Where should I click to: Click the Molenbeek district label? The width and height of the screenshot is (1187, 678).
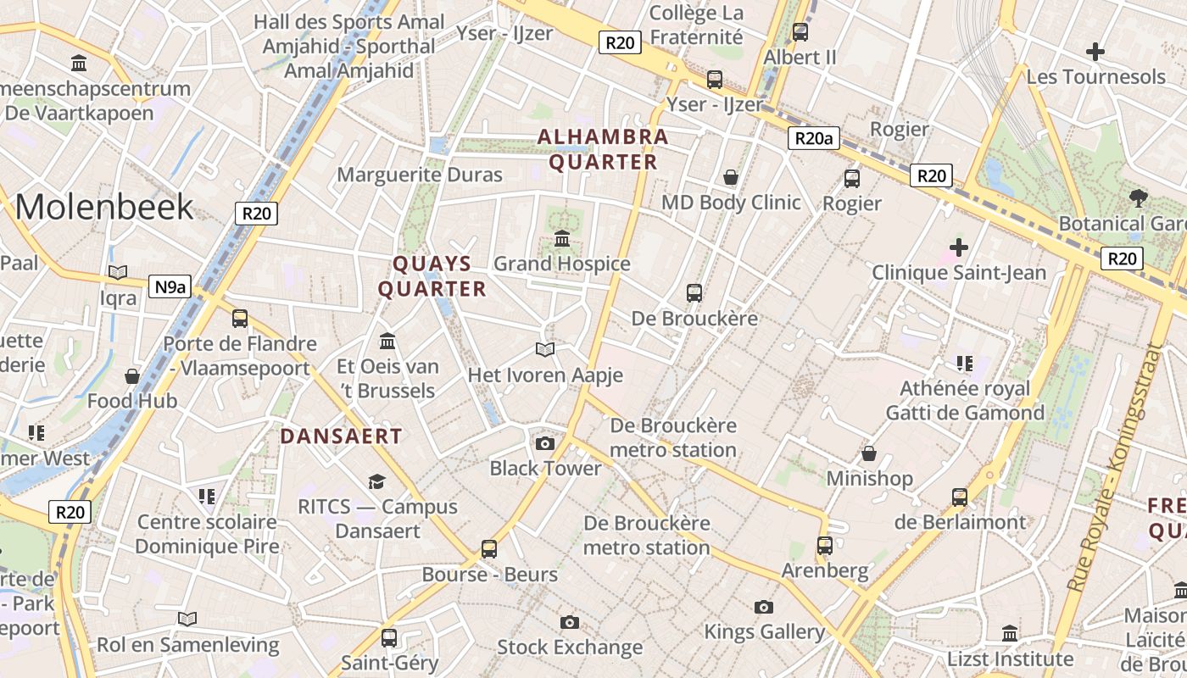[104, 207]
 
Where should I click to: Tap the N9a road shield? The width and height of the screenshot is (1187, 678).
[170, 287]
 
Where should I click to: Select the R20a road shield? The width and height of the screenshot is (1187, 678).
[813, 139]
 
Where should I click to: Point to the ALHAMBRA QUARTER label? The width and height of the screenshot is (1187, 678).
[603, 149]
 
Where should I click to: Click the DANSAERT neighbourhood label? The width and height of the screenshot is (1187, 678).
[341, 436]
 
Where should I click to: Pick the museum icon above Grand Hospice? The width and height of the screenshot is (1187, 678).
[561, 239]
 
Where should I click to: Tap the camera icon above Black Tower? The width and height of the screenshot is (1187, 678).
[545, 443]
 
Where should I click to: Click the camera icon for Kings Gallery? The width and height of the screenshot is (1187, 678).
[764, 607]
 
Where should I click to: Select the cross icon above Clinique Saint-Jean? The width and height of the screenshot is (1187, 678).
[959, 247]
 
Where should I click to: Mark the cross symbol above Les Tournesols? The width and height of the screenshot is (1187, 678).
[1095, 52]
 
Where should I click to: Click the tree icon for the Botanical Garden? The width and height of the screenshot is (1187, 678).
[1139, 198]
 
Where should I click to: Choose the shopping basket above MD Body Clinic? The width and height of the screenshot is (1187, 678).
[730, 177]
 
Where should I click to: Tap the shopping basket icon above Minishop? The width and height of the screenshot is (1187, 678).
[869, 453]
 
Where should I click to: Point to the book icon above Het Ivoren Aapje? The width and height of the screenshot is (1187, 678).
[545, 349]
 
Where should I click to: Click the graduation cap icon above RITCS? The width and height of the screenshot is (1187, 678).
[376, 481]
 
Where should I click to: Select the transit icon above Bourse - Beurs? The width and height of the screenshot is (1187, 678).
[489, 548]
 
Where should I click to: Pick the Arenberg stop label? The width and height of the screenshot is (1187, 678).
[825, 570]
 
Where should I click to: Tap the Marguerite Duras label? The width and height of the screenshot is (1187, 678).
[420, 175]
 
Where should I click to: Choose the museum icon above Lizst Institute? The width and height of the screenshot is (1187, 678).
[1009, 633]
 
